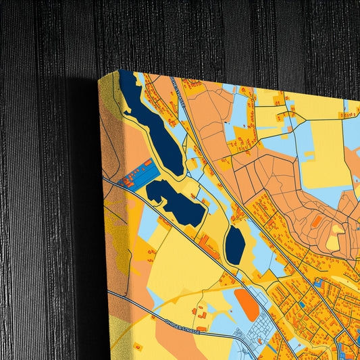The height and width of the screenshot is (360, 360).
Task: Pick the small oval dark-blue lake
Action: point(235,245)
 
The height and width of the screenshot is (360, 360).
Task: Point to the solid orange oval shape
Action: point(247,303)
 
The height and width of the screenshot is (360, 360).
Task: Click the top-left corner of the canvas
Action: point(99,78)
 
